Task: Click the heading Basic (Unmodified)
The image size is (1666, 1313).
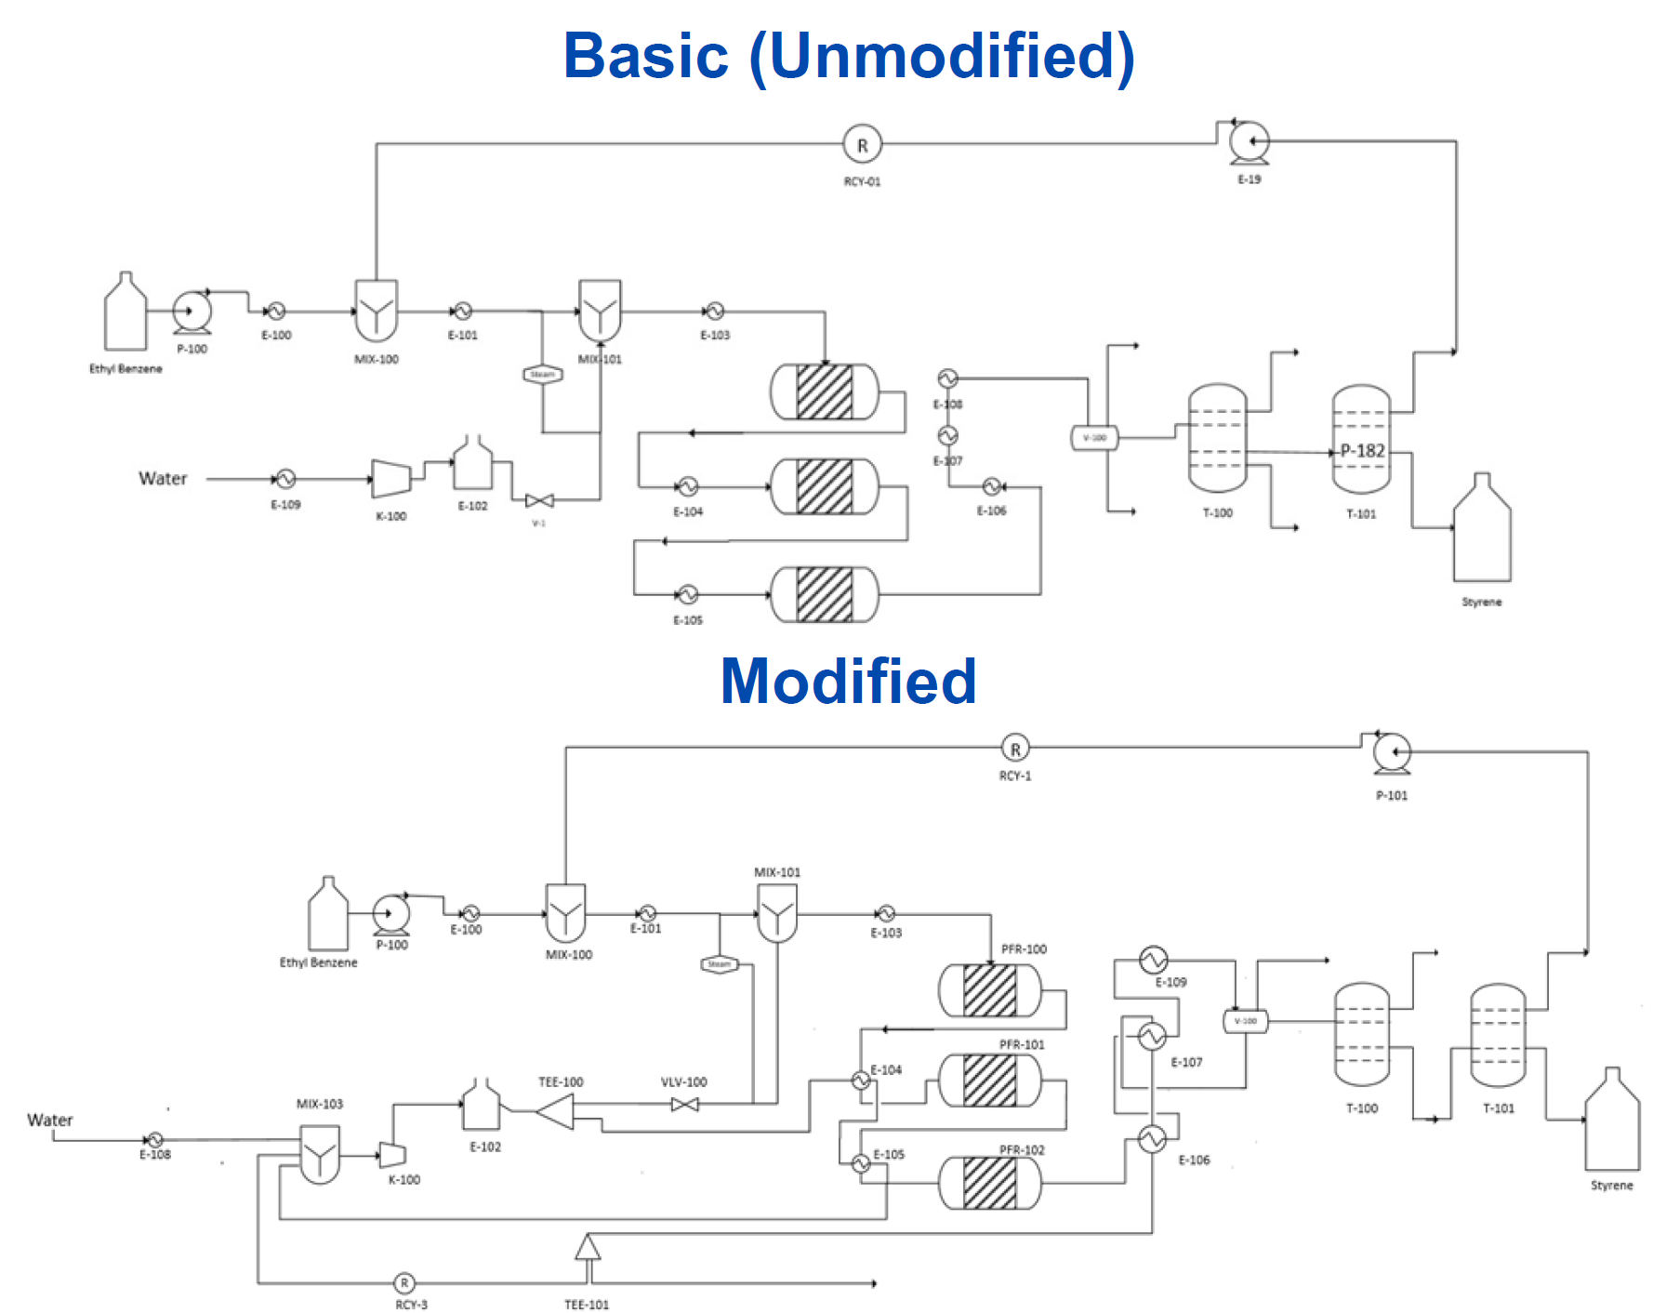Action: pos(848,56)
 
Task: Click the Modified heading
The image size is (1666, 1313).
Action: pos(848,681)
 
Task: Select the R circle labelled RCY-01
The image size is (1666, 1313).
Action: pos(862,145)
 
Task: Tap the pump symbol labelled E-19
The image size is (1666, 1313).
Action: pos(1249,143)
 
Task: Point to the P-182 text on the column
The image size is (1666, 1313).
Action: pos(1362,451)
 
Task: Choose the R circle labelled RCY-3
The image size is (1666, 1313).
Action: pos(404,1283)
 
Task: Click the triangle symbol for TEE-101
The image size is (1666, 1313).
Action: pos(588,1247)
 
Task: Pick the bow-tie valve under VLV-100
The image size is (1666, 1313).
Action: pos(685,1105)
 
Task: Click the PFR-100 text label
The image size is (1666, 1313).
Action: pos(1024,949)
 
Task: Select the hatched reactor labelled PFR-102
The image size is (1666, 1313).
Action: pos(990,1182)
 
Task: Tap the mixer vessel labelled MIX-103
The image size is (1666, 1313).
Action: pos(320,1153)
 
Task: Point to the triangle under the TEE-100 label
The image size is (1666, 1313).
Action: pos(557,1111)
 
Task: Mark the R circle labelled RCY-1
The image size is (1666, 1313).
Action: pos(1015,749)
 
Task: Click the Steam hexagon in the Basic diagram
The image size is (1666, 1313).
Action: pos(543,375)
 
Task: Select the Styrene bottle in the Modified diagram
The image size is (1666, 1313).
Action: pos(1612,1121)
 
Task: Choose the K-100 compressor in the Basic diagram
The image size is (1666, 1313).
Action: pos(390,478)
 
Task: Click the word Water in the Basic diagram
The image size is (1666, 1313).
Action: pos(163,479)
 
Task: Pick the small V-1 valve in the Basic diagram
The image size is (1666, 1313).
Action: pos(539,501)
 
